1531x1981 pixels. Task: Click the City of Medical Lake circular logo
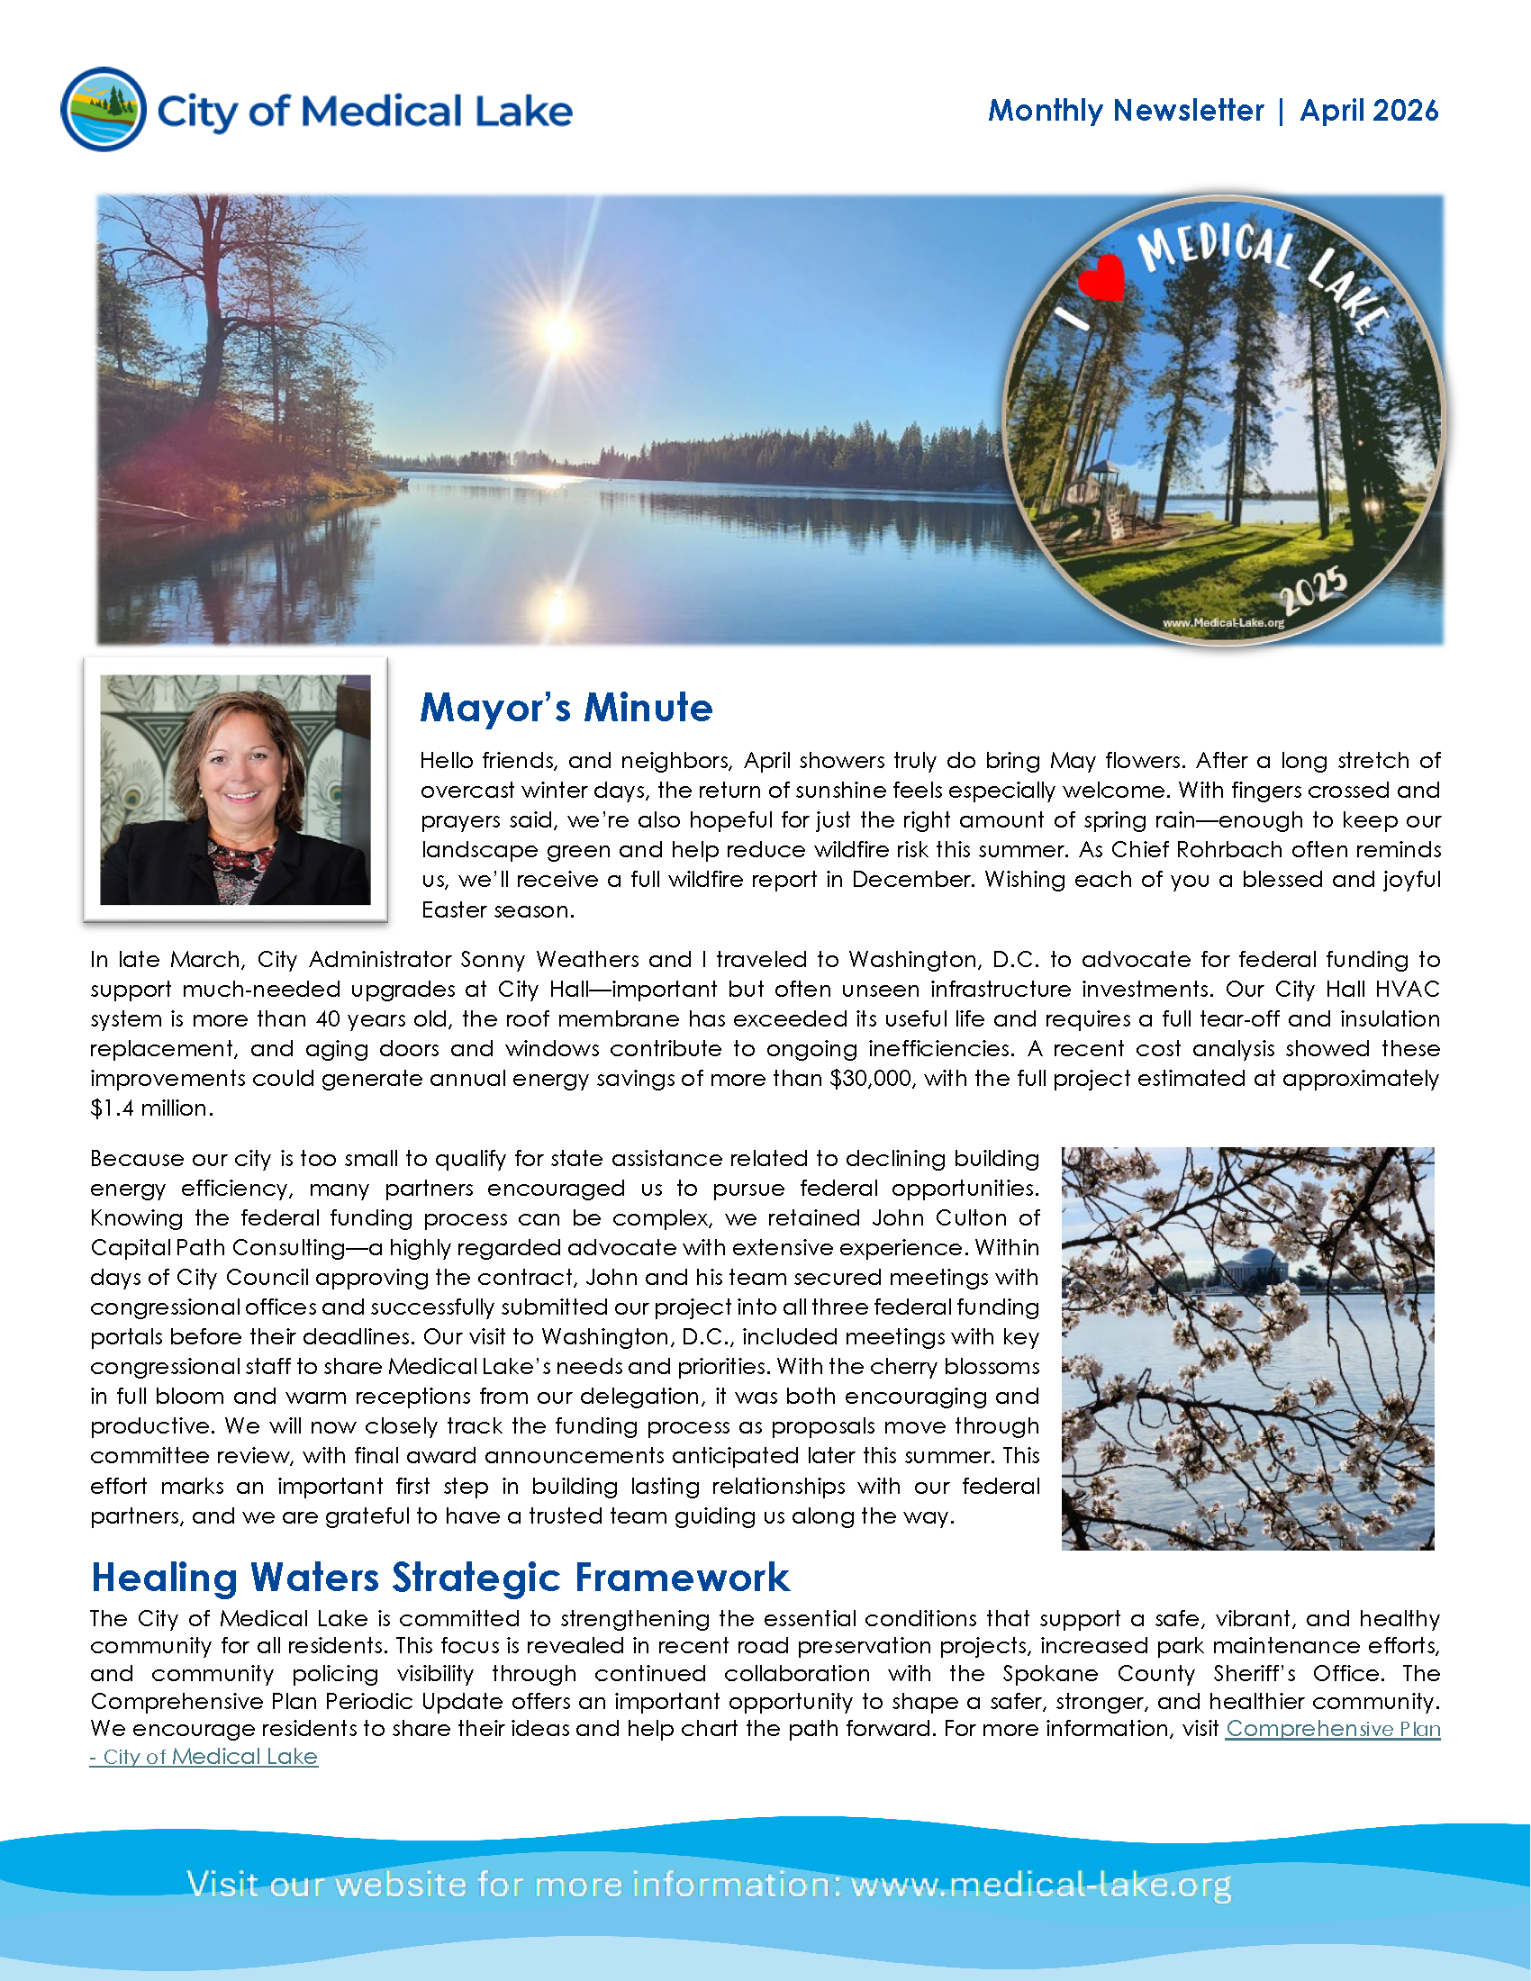pyautogui.click(x=104, y=109)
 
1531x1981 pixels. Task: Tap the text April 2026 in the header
pyautogui.click(x=1369, y=111)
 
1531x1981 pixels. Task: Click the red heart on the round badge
pyautogui.click(x=1104, y=276)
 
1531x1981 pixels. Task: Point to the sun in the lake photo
pyautogui.click(x=559, y=333)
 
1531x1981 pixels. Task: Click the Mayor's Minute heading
pyautogui.click(x=566, y=708)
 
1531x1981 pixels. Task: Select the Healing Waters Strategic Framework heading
pyautogui.click(x=439, y=1578)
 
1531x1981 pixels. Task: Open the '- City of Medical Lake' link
pyautogui.click(x=204, y=1757)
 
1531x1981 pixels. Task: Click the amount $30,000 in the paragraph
pyautogui.click(x=871, y=1079)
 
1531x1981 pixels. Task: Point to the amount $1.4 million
pyautogui.click(x=150, y=1108)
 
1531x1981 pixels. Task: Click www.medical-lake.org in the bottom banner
pyautogui.click(x=1040, y=1884)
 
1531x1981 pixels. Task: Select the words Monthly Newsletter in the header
pyautogui.click(x=1126, y=111)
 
